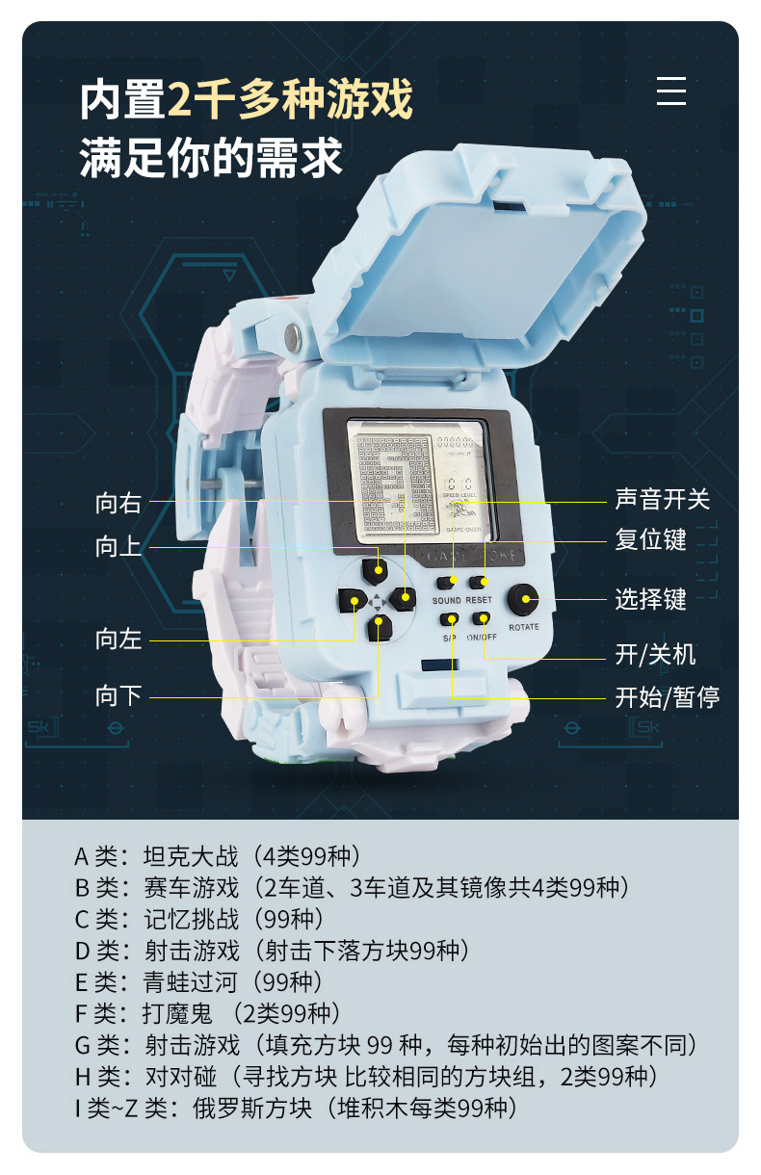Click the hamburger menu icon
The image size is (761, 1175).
click(671, 91)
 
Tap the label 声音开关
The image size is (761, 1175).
click(662, 499)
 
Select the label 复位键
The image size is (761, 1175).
click(650, 539)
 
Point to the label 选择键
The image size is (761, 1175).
click(650, 599)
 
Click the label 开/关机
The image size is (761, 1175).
click(655, 655)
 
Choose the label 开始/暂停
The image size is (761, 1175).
click(667, 696)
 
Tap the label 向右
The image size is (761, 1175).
click(118, 502)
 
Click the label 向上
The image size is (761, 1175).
click(118, 547)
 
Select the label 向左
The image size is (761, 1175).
click(118, 639)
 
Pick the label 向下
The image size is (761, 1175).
click(118, 696)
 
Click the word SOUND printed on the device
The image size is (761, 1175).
click(446, 600)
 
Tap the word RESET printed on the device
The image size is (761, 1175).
click(479, 600)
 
